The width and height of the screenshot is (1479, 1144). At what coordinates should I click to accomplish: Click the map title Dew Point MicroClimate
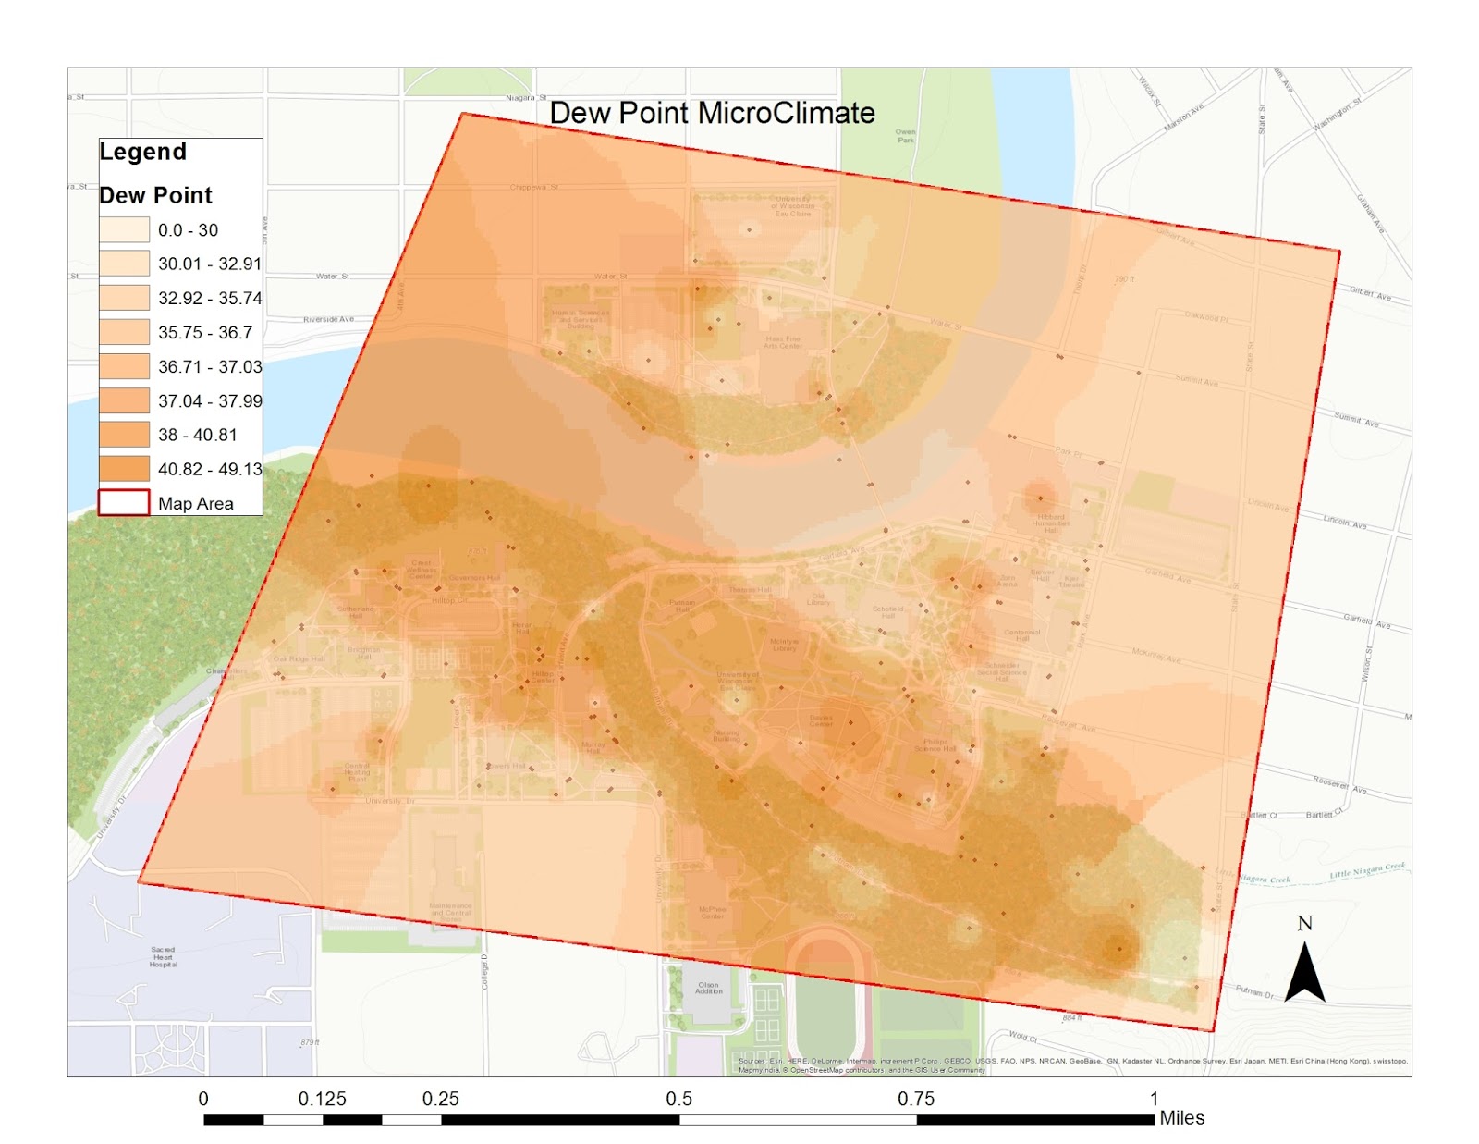[712, 113]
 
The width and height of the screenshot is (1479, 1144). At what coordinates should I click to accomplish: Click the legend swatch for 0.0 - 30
[124, 229]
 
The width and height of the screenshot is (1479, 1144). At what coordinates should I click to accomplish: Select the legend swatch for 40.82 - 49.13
[124, 468]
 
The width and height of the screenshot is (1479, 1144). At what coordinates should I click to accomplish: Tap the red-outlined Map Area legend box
[124, 502]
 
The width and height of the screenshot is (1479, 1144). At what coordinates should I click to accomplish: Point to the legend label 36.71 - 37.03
[210, 366]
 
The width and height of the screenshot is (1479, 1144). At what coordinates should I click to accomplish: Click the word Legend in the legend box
[143, 152]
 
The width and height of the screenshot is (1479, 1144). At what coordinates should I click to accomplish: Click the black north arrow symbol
[1304, 974]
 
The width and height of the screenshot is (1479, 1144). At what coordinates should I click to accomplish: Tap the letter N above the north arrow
[1304, 923]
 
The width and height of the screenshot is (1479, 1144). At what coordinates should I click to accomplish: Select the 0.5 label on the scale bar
[678, 1099]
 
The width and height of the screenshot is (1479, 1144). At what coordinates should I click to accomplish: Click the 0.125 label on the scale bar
[322, 1099]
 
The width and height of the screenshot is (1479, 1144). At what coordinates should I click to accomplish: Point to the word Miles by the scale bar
[1181, 1118]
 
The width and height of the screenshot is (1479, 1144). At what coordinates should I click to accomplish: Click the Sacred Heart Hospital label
[164, 956]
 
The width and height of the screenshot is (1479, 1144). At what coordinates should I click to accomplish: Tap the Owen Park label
[905, 136]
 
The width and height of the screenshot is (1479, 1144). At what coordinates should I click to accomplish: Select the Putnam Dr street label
[1254, 992]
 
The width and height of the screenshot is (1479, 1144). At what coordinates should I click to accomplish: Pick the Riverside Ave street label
[328, 319]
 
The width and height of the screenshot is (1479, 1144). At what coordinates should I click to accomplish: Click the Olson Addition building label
[708, 988]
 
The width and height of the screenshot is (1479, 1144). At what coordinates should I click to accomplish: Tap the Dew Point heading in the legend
[155, 195]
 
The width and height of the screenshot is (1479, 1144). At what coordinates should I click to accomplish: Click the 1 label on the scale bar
[1154, 1099]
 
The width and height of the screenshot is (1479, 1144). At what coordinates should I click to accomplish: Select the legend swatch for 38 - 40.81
[124, 434]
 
